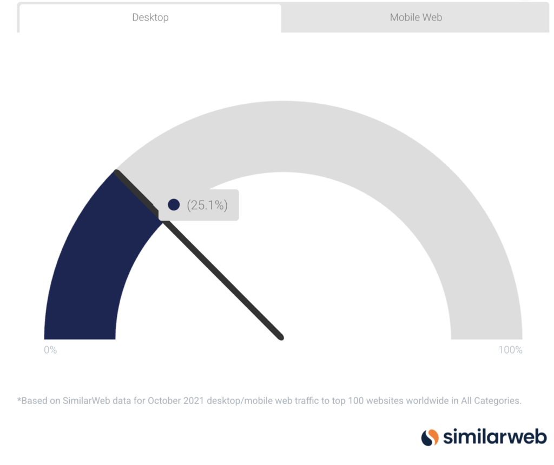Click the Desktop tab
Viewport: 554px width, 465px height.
pyautogui.click(x=150, y=18)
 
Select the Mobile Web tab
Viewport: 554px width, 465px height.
pyautogui.click(x=415, y=18)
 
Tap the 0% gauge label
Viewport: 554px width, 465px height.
pyautogui.click(x=50, y=350)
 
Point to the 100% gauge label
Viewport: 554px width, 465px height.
pyautogui.click(x=510, y=350)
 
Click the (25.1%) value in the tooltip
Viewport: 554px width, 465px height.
pyautogui.click(x=207, y=205)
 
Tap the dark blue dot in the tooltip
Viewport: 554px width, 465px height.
pyautogui.click(x=174, y=205)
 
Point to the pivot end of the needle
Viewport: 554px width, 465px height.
pyautogui.click(x=281, y=337)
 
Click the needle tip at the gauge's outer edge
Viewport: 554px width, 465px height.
pyautogui.click(x=117, y=172)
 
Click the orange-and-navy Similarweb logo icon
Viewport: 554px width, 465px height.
pyautogui.click(x=430, y=437)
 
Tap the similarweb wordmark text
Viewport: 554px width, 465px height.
pyautogui.click(x=495, y=437)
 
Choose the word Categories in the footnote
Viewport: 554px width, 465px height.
pyautogui.click(x=498, y=401)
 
